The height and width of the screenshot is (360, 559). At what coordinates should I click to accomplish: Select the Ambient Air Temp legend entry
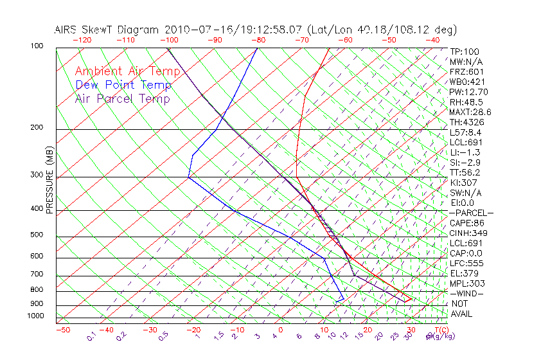point(127,71)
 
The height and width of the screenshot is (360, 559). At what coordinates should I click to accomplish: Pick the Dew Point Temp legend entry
point(123,85)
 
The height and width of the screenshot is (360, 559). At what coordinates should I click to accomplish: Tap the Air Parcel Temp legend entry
point(122,98)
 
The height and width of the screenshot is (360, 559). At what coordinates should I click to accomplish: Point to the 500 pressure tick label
point(36,235)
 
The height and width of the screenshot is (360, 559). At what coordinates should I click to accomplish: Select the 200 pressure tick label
point(36,128)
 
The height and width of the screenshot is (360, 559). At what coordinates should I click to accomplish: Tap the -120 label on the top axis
point(82,40)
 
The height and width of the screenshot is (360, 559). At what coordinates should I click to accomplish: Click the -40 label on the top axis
point(433,40)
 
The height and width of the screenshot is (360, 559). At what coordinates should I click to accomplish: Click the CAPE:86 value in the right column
point(466,223)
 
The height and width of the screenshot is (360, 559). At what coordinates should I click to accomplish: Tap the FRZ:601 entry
point(466,72)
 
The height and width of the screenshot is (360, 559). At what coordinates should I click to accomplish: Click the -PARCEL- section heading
point(471,213)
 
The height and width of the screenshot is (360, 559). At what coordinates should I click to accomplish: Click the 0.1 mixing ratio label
point(91,336)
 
